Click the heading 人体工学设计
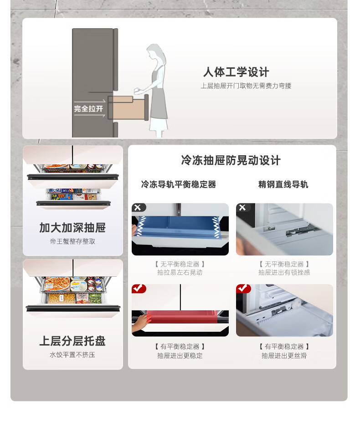point(236,72)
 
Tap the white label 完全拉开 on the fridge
point(88,109)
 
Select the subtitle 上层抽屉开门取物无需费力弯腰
point(246,86)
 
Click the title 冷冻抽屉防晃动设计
point(231,160)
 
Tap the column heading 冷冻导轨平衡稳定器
point(179,184)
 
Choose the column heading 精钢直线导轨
point(283,184)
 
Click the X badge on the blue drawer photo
point(139,207)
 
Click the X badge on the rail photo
point(243,207)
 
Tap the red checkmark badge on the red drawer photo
point(139,289)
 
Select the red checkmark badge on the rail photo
point(243,289)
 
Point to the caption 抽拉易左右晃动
point(180,272)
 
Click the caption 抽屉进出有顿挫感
point(284,272)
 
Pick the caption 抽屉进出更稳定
point(180,356)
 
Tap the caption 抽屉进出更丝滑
point(284,356)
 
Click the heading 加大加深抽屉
point(72,228)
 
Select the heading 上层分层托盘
point(72,341)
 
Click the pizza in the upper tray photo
point(57,283)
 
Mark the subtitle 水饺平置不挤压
point(72,355)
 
